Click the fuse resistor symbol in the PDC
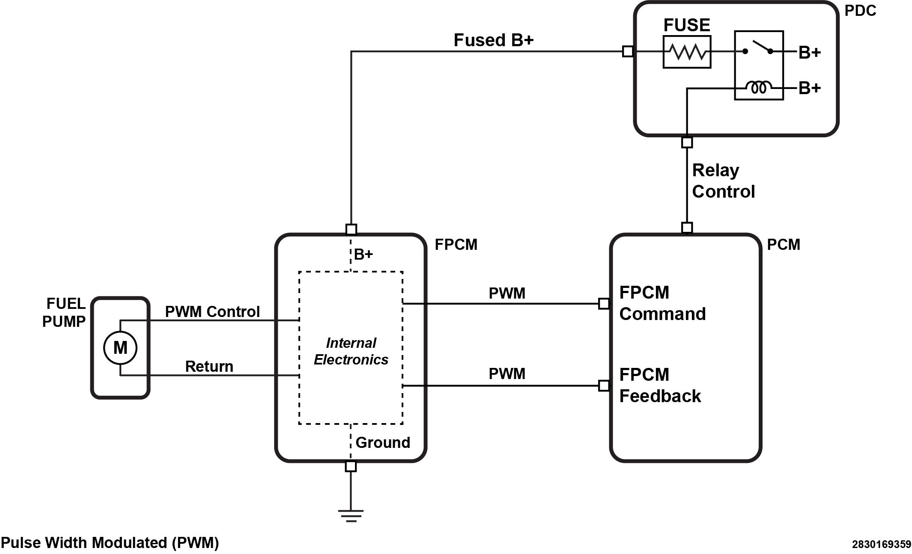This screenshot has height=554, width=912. tap(687, 52)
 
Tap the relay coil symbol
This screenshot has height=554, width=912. tap(759, 88)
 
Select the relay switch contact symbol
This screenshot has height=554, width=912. tap(758, 48)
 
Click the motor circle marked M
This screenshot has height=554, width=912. tap(120, 348)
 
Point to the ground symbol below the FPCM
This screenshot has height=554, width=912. tap(351, 515)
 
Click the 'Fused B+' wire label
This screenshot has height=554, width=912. tap(493, 40)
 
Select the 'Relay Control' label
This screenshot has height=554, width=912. tap(723, 181)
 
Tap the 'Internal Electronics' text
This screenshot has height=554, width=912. tap(351, 351)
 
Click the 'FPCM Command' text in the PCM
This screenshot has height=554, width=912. tap(662, 303)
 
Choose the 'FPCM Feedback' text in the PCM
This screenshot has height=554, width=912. tap(660, 385)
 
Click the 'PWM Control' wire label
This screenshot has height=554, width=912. tap(212, 311)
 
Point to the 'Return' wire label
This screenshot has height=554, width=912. tap(209, 366)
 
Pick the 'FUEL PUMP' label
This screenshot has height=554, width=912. tap(64, 312)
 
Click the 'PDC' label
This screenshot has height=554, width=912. tap(860, 11)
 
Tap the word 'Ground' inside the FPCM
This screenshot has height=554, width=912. tap(383, 442)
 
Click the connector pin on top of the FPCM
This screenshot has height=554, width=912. tap(351, 230)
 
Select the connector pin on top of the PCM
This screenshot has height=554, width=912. tap(687, 228)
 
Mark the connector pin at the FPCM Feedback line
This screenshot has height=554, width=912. tap(604, 386)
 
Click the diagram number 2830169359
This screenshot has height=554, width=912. tap(881, 544)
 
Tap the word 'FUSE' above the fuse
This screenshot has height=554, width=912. tap(686, 25)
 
